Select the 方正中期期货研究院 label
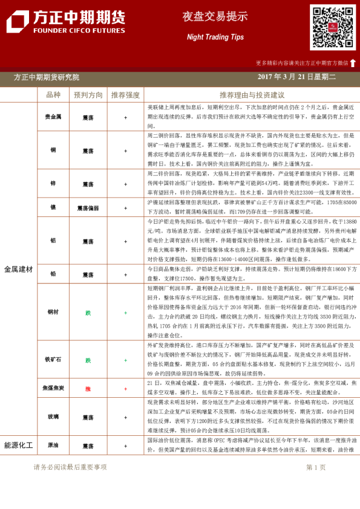[46, 77]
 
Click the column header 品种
[53, 95]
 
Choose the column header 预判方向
[88, 95]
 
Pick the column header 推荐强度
[125, 95]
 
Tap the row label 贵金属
[53, 117]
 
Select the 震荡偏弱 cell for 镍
[88, 207]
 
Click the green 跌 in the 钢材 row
[88, 313]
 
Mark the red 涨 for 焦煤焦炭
[88, 389]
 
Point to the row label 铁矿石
[53, 360]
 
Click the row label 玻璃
[53, 417]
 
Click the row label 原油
[53, 446]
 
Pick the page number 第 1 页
[316, 467]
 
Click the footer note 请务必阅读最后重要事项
[70, 467]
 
